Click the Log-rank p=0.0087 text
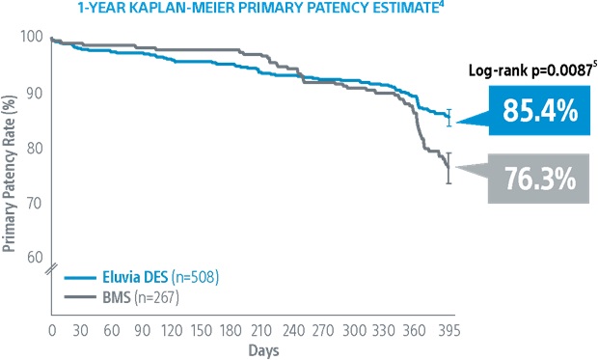(524, 71)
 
